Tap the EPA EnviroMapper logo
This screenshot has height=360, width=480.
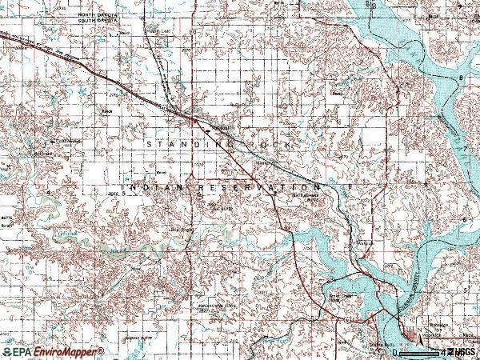pyautogui.click(x=53, y=352)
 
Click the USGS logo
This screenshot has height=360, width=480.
pyautogui.click(x=462, y=352)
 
